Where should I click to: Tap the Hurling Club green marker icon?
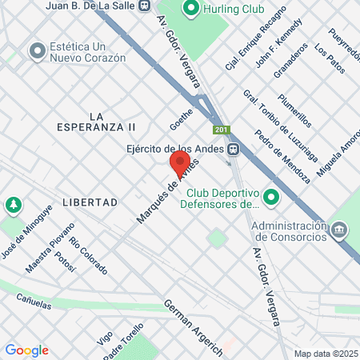click(x=190, y=10)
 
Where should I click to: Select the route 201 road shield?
click(x=220, y=130)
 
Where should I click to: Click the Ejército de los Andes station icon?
click(x=232, y=148)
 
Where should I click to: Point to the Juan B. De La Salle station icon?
click(x=143, y=5)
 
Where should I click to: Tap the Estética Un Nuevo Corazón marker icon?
click(x=36, y=52)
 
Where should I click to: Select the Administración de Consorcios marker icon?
click(x=340, y=230)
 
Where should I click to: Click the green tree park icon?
click(x=14, y=206)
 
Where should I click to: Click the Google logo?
click(x=26, y=350)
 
